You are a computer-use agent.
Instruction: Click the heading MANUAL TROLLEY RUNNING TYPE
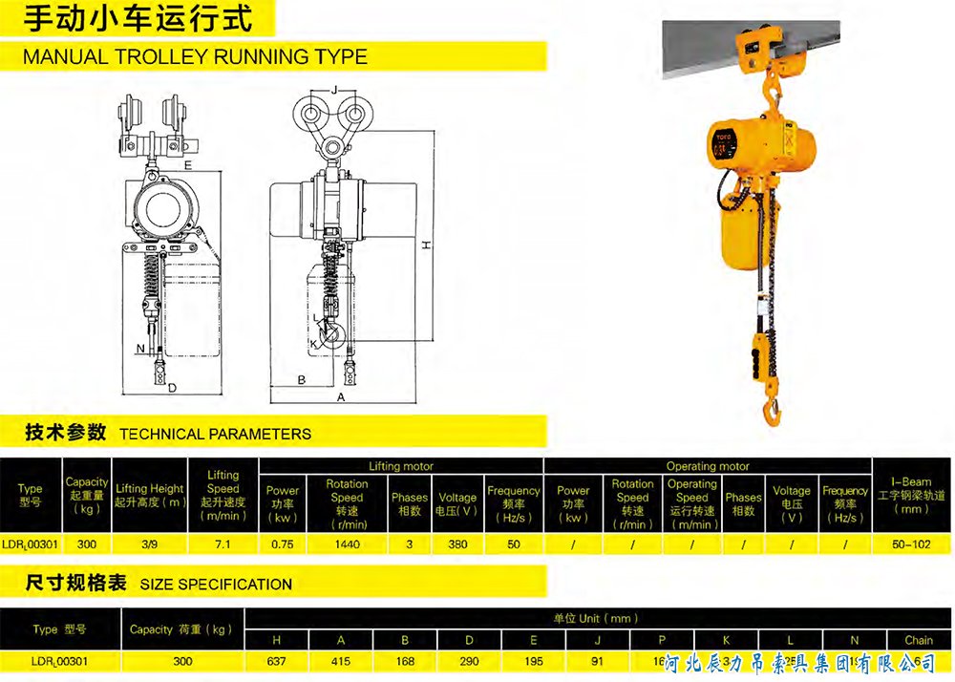pyautogui.click(x=195, y=56)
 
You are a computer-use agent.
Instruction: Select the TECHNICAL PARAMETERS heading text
pyautogui.click(x=215, y=434)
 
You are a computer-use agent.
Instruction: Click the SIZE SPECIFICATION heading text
pyautogui.click(x=216, y=584)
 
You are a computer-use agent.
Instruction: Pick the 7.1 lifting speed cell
pyautogui.click(x=223, y=543)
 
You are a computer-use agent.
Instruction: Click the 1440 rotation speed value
pyautogui.click(x=347, y=543)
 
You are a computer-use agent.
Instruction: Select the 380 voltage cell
pyautogui.click(x=457, y=543)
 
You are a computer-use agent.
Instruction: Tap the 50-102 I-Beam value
pyautogui.click(x=911, y=543)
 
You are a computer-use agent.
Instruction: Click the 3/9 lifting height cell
pyautogui.click(x=148, y=543)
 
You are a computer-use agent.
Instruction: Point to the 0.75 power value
pyautogui.click(x=282, y=543)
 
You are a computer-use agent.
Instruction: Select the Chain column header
pyautogui.click(x=919, y=640)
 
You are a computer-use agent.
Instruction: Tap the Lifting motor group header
pyautogui.click(x=401, y=466)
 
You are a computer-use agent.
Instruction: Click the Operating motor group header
pyautogui.click(x=708, y=466)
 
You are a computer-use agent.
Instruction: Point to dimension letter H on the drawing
pyautogui.click(x=427, y=245)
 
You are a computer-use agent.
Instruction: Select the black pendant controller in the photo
pyautogui.click(x=762, y=352)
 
